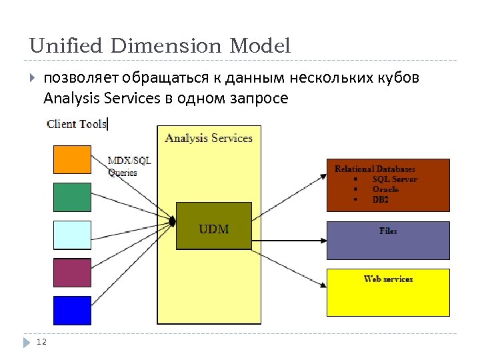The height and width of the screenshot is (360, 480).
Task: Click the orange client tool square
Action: point(72,159)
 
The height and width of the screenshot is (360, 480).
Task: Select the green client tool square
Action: point(72,197)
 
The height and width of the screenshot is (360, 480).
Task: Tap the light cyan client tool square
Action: point(72,235)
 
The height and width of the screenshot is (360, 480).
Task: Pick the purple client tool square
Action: point(72,273)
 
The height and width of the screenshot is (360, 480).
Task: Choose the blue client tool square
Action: point(72,310)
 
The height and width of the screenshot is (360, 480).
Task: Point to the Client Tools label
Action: point(77,124)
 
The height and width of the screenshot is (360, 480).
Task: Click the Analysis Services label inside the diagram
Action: point(209,138)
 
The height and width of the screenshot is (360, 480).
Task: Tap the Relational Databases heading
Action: point(375,169)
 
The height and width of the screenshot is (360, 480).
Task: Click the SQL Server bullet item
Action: point(395,179)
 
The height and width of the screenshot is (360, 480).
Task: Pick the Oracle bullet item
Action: point(385,189)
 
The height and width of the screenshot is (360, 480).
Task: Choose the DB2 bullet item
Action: point(381,199)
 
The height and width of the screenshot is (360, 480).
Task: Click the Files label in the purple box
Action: point(388,231)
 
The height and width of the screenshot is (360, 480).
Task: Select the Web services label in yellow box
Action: point(388,279)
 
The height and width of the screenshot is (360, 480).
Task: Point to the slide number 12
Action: point(41,342)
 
